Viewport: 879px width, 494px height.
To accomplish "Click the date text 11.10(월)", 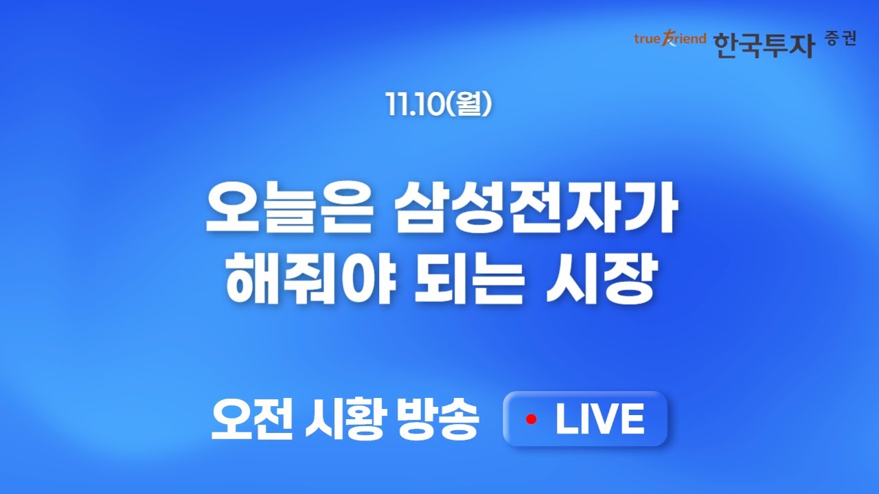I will tap(439, 104).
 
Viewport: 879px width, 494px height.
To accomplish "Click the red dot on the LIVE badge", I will tap(530, 419).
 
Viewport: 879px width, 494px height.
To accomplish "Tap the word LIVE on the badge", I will tap(600, 419).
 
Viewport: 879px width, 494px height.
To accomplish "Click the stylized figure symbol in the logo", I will tap(667, 39).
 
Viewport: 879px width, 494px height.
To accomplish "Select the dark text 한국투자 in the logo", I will tap(764, 44).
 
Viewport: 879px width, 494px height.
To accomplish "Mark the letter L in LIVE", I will tap(566, 419).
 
